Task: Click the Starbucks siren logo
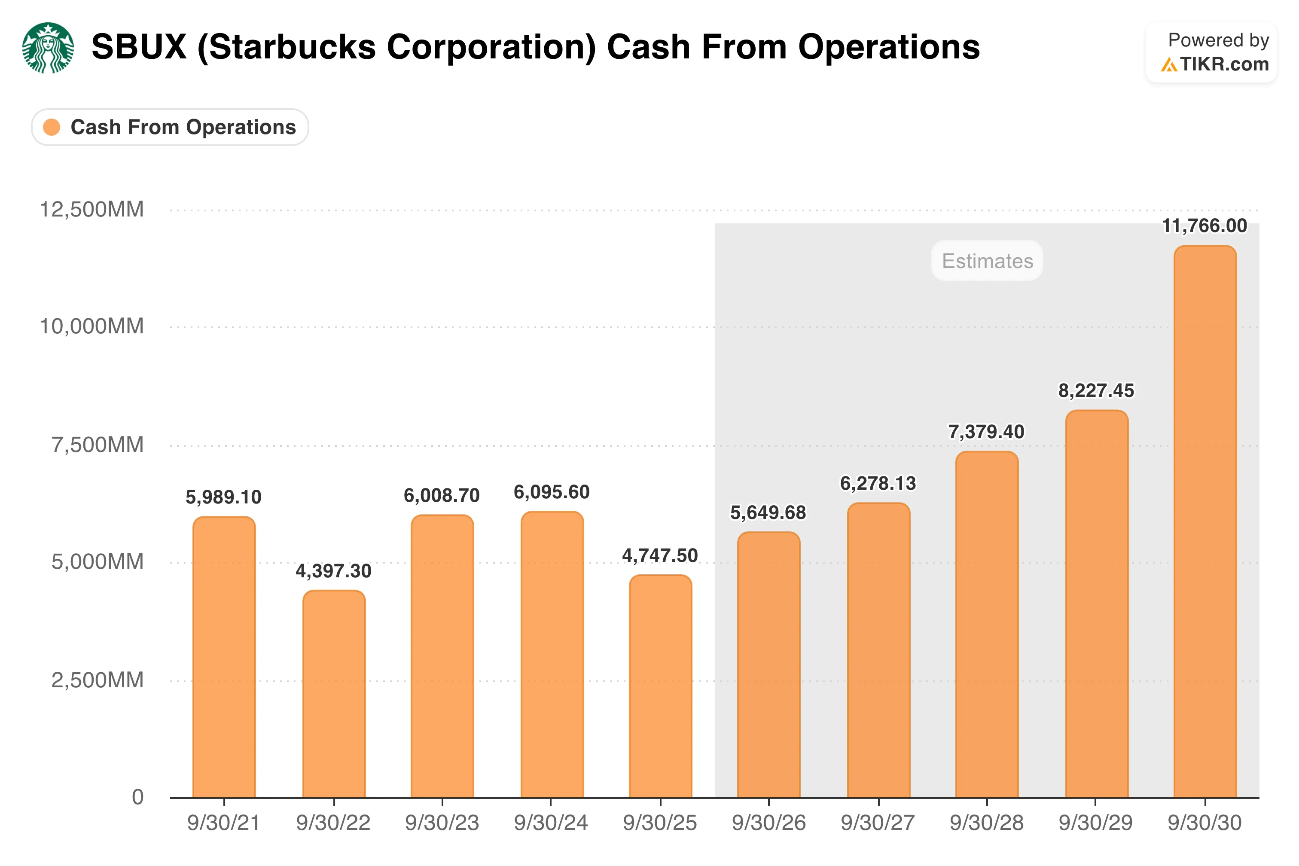48,48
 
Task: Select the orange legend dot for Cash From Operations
52,127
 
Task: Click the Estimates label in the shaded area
987,261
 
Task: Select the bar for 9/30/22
334,694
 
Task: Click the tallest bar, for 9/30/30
1204,521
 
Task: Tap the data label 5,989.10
223,497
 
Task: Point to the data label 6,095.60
551,492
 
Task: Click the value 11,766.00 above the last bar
1204,226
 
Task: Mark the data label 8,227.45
1096,391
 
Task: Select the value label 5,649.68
768,512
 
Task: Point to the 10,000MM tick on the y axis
91,326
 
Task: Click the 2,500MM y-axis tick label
97,680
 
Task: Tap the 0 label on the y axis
137,797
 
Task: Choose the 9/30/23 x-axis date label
442,823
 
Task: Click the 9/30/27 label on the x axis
878,823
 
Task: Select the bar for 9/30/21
224,657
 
